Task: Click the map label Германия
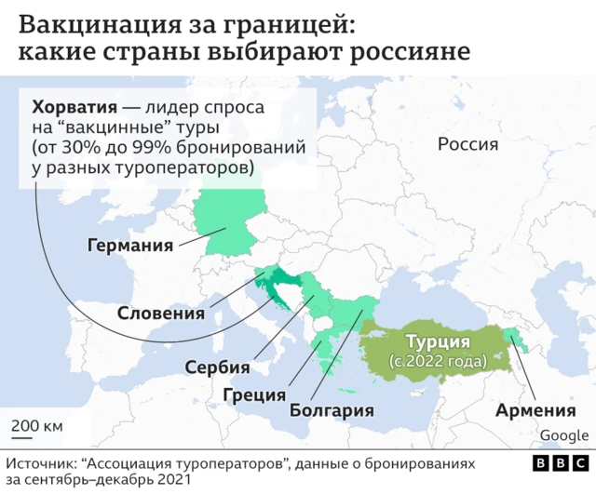tap(130, 247)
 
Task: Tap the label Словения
tap(161, 314)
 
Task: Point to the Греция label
tap(253, 394)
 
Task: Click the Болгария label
tap(332, 410)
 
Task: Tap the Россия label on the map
tap(467, 144)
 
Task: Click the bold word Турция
tap(437, 341)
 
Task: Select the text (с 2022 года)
tap(437, 360)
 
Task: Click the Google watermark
tap(563, 435)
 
